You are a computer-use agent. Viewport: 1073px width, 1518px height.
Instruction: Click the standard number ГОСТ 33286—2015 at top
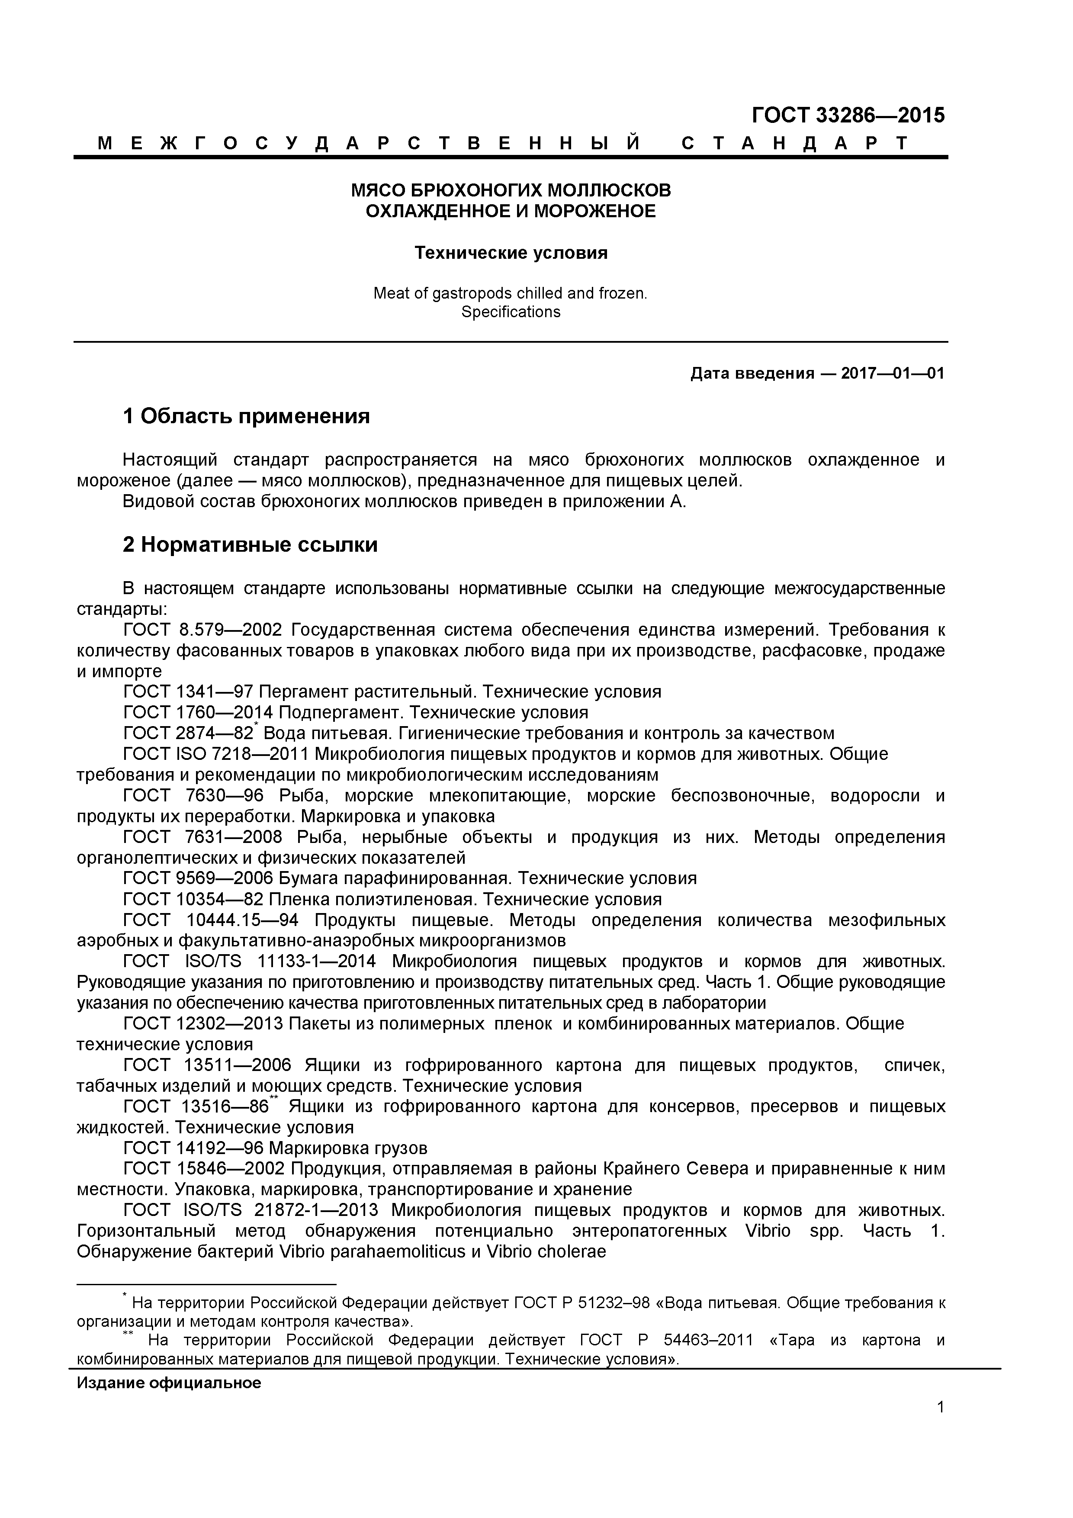point(848,116)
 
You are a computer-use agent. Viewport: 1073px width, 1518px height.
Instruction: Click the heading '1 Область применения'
point(246,417)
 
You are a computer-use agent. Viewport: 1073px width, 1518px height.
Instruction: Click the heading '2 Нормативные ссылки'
point(250,545)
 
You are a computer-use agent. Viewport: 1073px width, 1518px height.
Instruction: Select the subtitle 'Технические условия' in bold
point(511,253)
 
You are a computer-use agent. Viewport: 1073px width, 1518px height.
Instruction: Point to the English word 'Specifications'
point(511,312)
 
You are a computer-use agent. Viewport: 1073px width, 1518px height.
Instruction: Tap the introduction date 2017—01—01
point(893,373)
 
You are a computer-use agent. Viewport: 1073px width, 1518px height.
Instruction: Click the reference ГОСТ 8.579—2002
point(203,630)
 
